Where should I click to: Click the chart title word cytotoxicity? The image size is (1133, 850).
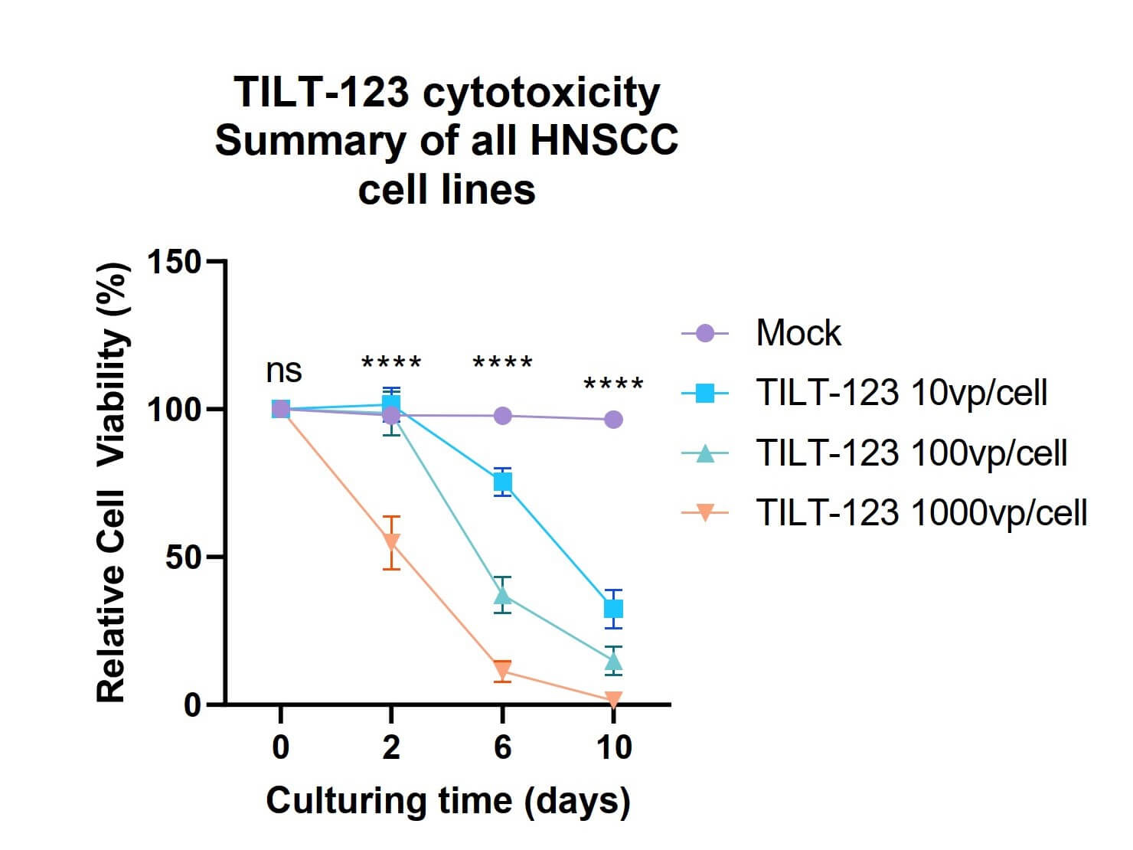(x=540, y=93)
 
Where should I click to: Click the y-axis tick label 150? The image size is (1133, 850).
(x=174, y=263)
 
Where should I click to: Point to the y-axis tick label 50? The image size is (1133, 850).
(x=183, y=557)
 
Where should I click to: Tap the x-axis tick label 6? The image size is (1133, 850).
(x=502, y=747)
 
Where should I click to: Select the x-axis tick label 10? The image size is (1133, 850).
(x=613, y=747)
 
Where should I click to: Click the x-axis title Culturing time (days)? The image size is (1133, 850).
(x=448, y=802)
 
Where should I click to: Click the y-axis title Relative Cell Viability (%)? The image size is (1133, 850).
(x=112, y=482)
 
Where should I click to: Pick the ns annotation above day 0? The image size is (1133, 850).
(x=283, y=371)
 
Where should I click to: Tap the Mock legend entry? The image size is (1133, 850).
(x=798, y=333)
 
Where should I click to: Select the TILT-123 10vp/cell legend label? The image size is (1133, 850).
(x=901, y=393)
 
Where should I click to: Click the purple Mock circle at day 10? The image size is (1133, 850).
(x=613, y=420)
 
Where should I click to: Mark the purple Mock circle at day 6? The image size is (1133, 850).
(x=503, y=416)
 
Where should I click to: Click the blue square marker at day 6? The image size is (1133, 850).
(x=503, y=482)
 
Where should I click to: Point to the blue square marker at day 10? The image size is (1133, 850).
(x=613, y=609)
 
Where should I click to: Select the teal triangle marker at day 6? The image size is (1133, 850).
(x=503, y=594)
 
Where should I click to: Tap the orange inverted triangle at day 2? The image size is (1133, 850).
(x=391, y=542)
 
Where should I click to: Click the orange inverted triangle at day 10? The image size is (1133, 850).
(x=613, y=699)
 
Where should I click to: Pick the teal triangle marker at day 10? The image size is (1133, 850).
(x=613, y=660)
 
